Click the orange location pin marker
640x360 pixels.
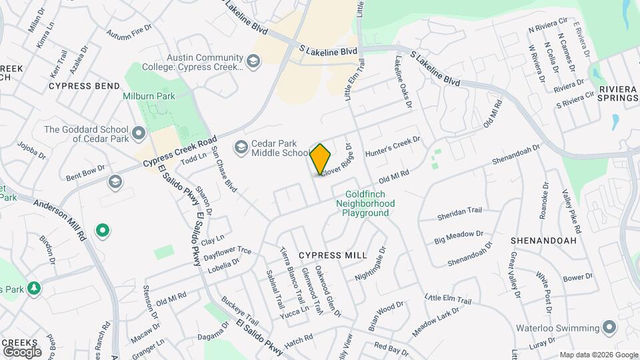[321, 159]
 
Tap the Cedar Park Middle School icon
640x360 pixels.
[241, 146]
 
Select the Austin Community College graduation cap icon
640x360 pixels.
[253, 62]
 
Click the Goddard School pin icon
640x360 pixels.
[138, 134]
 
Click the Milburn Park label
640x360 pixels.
[149, 96]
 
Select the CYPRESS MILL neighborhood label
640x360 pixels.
[333, 255]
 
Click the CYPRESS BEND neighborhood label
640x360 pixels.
[84, 86]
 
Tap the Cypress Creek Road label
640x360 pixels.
[180, 152]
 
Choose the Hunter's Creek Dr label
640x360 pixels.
[393, 147]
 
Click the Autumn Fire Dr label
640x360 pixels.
[129, 31]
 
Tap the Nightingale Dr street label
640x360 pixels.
[371, 263]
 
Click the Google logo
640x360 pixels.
[22, 351]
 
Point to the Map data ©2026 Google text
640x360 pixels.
[598, 355]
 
